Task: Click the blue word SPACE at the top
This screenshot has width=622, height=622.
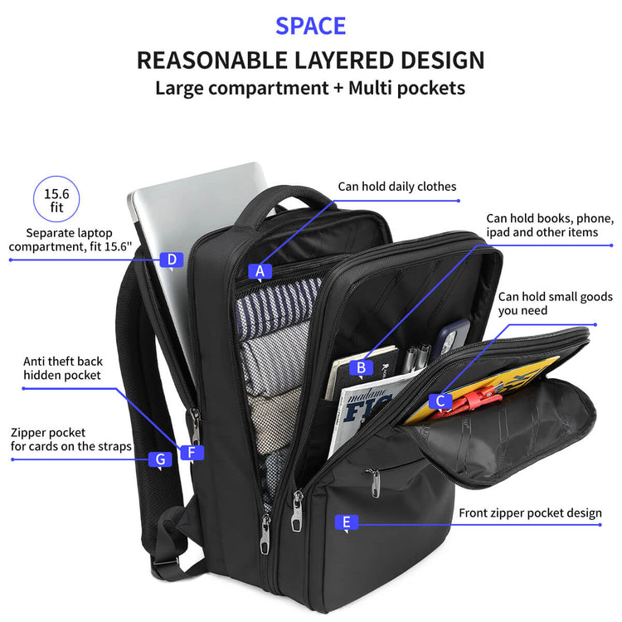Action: click(x=311, y=27)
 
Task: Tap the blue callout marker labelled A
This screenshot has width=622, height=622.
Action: click(x=260, y=272)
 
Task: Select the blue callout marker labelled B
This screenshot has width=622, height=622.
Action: click(x=361, y=367)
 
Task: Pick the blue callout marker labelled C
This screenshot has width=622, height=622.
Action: click(x=440, y=401)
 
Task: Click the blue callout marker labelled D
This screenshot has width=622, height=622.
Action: click(x=172, y=260)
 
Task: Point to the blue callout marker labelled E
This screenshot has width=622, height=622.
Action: click(x=347, y=522)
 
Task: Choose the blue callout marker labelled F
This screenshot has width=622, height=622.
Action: click(x=192, y=453)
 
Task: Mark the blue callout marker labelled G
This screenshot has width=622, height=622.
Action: click(x=160, y=459)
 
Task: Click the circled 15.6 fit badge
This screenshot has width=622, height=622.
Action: click(x=56, y=199)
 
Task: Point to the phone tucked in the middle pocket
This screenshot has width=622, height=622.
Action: click(x=451, y=338)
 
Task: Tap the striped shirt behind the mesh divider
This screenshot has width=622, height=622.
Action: click(x=278, y=305)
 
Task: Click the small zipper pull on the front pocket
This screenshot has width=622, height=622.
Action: click(x=374, y=483)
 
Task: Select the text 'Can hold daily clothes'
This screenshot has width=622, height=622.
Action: click(x=397, y=187)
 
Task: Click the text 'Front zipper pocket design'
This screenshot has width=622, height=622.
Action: click(x=531, y=513)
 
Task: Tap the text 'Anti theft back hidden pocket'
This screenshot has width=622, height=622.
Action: click(x=63, y=368)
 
